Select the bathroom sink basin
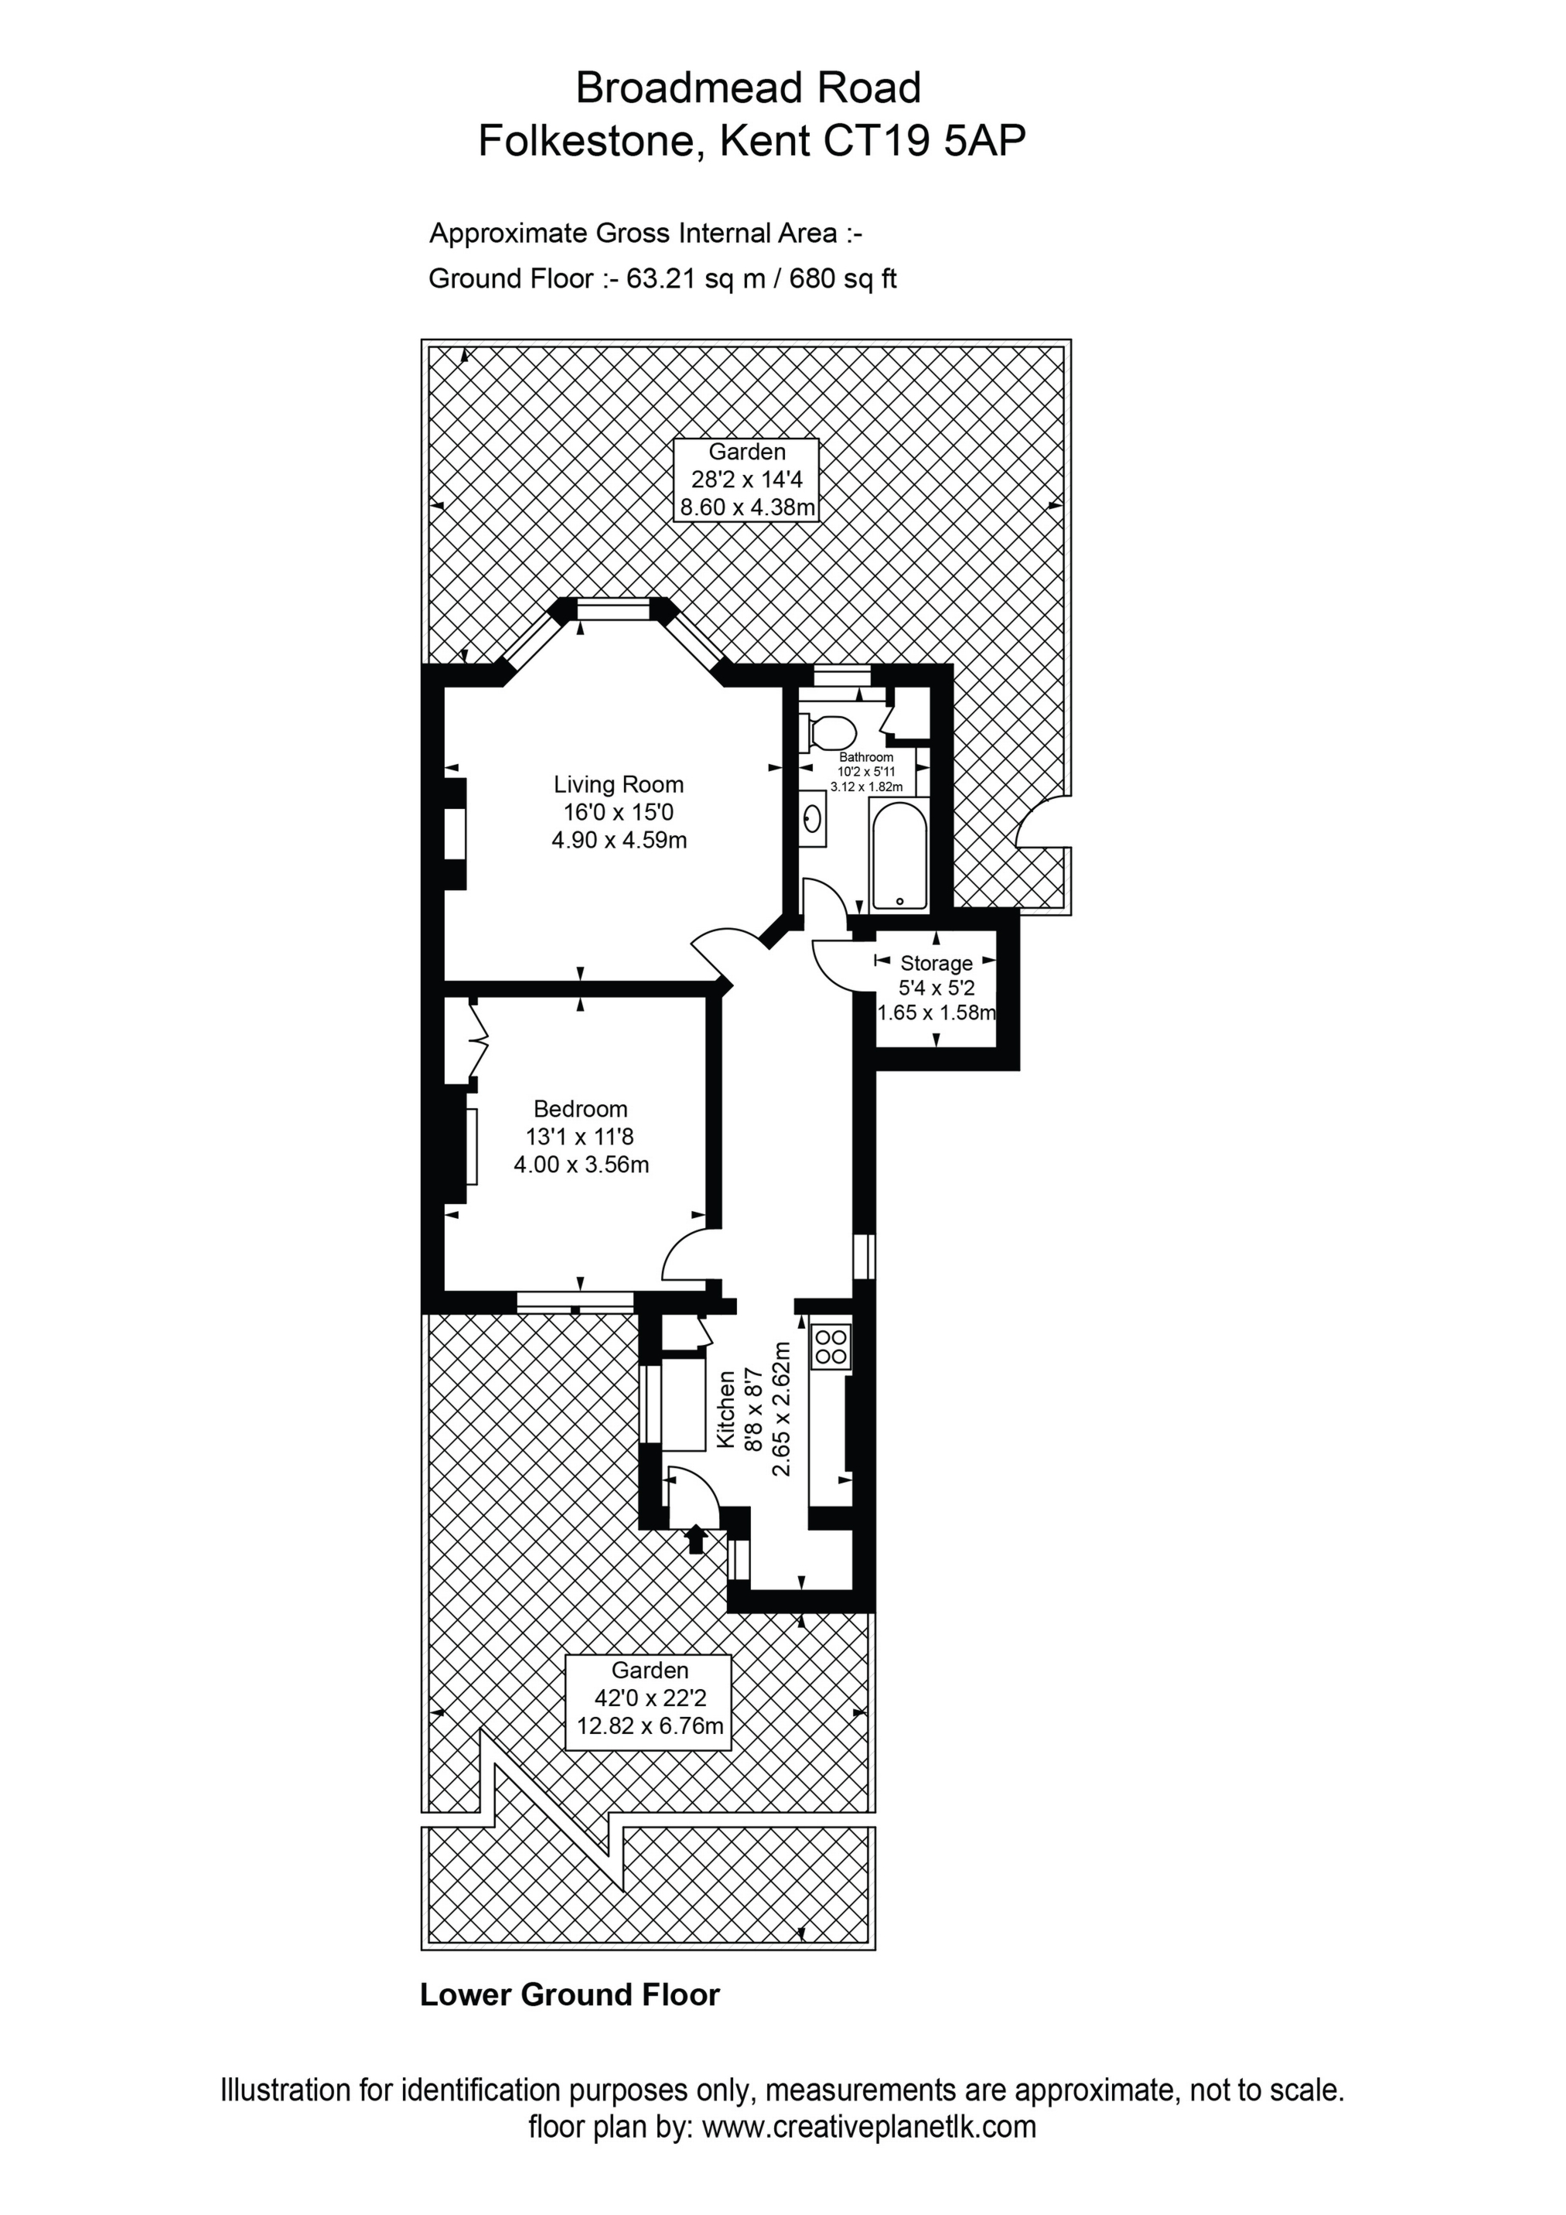813,819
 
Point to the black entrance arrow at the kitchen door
694,1537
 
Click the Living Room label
619,784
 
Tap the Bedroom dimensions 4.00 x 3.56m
581,1165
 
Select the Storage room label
936,963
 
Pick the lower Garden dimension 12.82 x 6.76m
650,1726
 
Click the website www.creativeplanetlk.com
868,2153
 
